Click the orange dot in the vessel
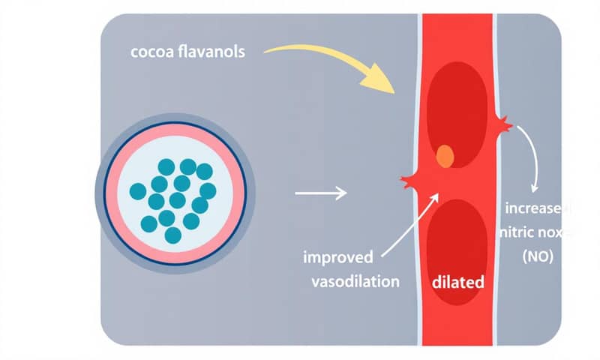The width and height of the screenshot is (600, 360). point(445,156)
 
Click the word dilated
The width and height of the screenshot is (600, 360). point(457,283)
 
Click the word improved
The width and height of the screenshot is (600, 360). point(337,258)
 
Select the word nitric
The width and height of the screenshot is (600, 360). point(518,232)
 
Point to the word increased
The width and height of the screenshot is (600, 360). point(535,208)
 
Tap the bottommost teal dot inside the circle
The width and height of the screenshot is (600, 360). point(172,235)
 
